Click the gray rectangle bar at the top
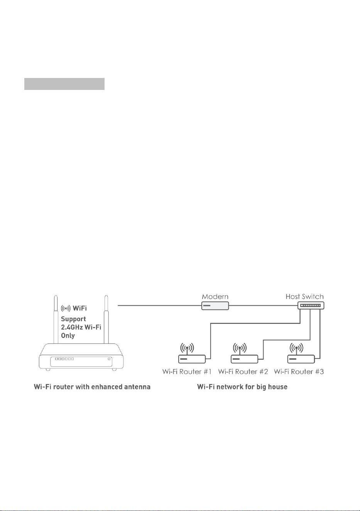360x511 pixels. tap(64, 84)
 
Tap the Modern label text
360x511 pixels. tap(215, 296)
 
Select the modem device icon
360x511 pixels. tap(215, 306)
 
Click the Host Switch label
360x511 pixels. tap(304, 296)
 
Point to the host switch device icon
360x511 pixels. tap(311, 305)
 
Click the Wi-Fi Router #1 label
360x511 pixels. tap(187, 372)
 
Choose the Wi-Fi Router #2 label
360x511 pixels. tap(243, 372)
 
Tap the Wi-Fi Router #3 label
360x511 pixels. tap(299, 372)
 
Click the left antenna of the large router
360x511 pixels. tap(56, 320)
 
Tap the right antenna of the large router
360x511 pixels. tap(106, 320)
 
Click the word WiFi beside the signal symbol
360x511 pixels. tap(79, 308)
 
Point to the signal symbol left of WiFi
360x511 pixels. tap(66, 309)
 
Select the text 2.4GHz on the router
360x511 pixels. tap(72, 327)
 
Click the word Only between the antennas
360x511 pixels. tap(68, 336)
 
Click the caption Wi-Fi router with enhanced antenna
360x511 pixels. tap(92, 387)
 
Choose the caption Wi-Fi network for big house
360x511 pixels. tap(242, 387)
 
